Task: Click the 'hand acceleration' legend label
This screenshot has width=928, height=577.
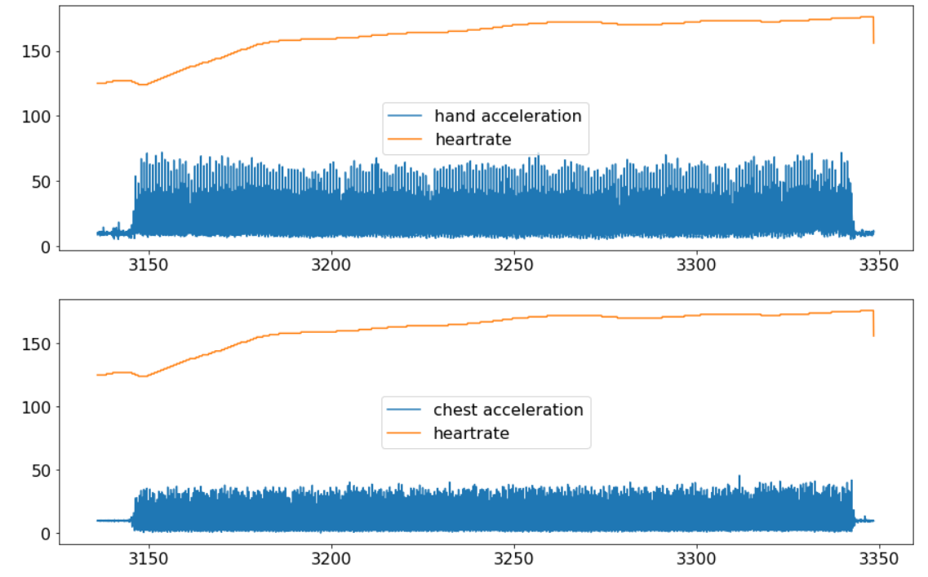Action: click(508, 116)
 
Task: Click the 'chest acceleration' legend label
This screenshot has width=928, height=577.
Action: click(508, 410)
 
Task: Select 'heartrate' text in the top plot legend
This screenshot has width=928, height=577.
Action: click(473, 140)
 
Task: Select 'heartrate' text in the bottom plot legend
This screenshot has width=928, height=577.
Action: click(472, 433)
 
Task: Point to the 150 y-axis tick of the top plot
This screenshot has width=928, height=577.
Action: click(36, 51)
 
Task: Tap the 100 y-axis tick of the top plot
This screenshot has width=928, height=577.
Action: click(36, 116)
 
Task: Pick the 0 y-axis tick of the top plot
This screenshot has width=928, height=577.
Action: click(46, 246)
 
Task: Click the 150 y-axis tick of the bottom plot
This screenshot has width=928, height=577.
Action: click(36, 344)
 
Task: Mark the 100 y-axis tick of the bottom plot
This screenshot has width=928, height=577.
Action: click(36, 406)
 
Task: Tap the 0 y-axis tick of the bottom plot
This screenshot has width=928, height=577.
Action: click(46, 534)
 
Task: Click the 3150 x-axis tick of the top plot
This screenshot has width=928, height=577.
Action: click(149, 265)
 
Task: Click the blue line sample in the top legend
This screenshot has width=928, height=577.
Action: click(406, 116)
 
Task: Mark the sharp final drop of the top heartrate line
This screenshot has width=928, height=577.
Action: click(873, 31)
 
